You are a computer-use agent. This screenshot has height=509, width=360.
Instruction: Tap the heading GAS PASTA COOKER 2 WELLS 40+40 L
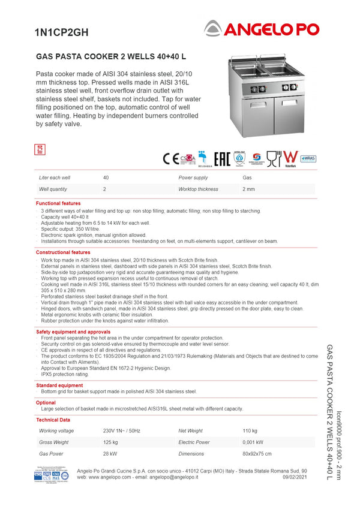[x=111, y=57]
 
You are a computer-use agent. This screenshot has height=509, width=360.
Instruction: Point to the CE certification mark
[x=170, y=159]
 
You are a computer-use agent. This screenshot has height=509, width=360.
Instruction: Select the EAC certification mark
[x=222, y=159]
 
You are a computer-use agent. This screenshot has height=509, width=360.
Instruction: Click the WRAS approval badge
[x=308, y=158]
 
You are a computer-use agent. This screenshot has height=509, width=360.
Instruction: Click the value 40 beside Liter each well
[x=106, y=178]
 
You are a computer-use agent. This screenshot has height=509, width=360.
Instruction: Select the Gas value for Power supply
[x=247, y=178]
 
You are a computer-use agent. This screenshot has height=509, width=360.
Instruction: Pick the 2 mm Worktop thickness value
[x=248, y=189]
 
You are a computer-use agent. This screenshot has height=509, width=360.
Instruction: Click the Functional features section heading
[x=58, y=204]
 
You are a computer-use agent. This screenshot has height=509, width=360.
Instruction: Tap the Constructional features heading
[x=63, y=252]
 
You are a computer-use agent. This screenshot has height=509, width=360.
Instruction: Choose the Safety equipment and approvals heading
[x=73, y=332]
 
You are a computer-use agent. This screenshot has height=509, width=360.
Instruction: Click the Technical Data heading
[x=53, y=420]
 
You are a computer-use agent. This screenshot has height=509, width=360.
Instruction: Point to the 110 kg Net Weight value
[x=250, y=431]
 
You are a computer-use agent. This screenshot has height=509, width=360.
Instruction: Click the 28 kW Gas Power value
[x=110, y=454]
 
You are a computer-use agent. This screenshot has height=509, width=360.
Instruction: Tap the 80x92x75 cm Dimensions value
[x=257, y=454]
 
